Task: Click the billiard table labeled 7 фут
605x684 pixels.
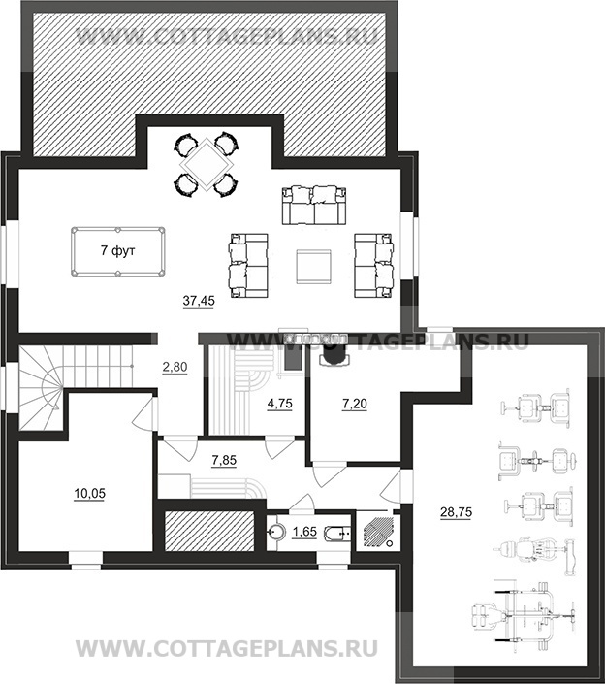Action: (x=118, y=251)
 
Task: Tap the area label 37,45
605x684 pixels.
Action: (x=199, y=301)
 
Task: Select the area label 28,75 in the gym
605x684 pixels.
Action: (x=456, y=511)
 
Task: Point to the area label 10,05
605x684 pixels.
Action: (x=89, y=494)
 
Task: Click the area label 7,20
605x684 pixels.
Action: (x=354, y=405)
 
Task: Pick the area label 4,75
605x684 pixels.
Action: (x=279, y=404)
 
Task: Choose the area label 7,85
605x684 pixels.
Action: (x=224, y=460)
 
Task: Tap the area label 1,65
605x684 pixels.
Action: (x=304, y=533)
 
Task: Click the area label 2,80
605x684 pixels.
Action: (x=175, y=368)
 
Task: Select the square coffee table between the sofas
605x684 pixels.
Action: (x=313, y=267)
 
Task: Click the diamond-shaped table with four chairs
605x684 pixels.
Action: (x=206, y=165)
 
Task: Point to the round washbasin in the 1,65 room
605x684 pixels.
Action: (x=275, y=532)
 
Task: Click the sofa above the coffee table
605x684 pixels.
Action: (x=314, y=205)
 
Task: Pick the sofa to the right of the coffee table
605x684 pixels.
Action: (x=374, y=266)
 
